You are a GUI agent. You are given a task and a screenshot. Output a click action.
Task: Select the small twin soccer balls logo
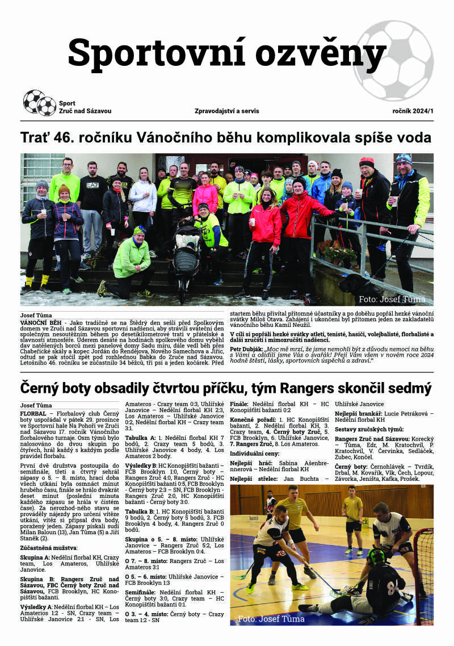[x=39, y=103]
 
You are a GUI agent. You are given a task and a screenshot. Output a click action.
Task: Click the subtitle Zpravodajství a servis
[x=226, y=111]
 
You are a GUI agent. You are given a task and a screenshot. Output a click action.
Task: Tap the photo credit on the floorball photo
[x=271, y=618]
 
